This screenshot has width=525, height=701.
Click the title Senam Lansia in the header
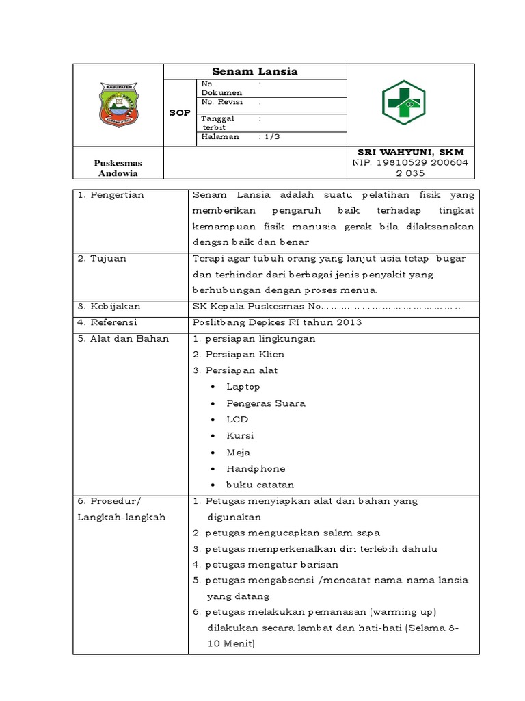(254, 71)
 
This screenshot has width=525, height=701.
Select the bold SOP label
(179, 112)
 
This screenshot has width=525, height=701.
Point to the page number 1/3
(270, 136)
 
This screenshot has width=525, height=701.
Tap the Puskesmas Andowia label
(118, 168)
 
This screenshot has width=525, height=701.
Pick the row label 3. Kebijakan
(108, 306)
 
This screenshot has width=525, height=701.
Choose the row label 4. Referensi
(107, 322)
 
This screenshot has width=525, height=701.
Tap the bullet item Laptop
(243, 387)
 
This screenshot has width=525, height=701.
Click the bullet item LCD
(237, 420)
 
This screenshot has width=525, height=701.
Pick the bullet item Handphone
(256, 469)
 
